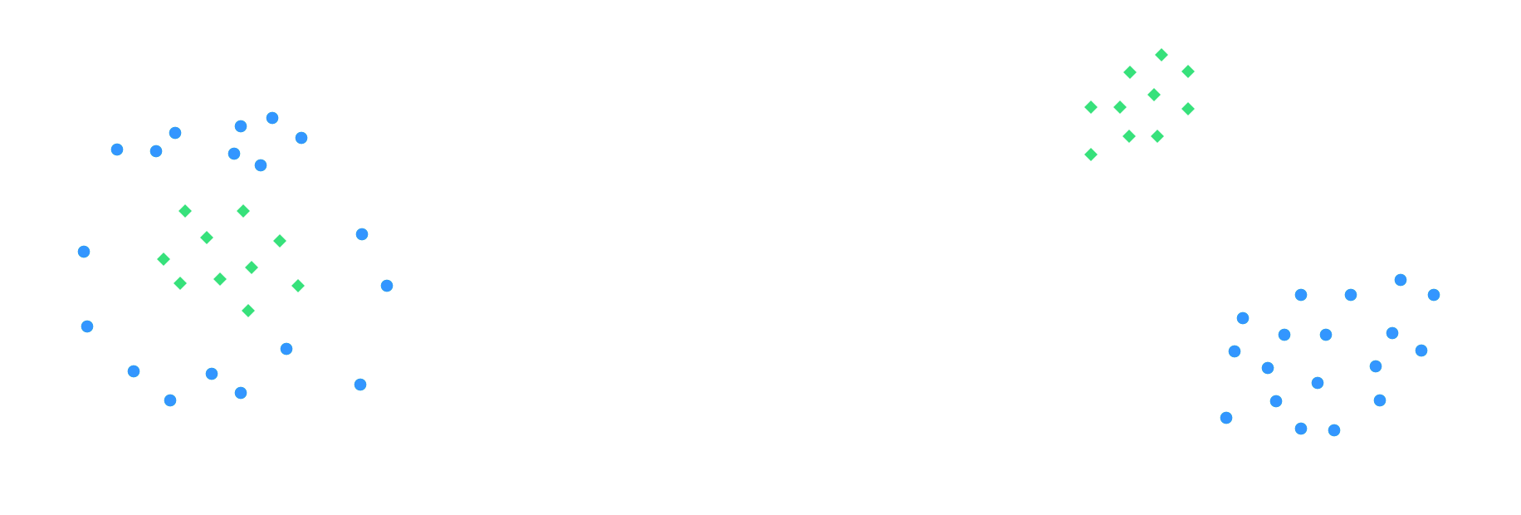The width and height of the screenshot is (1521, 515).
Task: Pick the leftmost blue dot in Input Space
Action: [84, 252]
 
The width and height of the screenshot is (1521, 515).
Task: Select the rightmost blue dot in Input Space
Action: [387, 286]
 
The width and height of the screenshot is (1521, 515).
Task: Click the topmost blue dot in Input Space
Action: [272, 118]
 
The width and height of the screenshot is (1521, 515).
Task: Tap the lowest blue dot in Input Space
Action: [170, 400]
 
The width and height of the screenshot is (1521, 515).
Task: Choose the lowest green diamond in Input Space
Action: [248, 311]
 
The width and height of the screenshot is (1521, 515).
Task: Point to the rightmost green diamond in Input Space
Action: [298, 286]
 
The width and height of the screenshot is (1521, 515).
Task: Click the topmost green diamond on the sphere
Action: [1162, 55]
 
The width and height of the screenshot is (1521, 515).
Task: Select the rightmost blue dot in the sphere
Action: [1434, 295]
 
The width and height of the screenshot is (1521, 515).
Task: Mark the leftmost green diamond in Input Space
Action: [164, 259]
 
